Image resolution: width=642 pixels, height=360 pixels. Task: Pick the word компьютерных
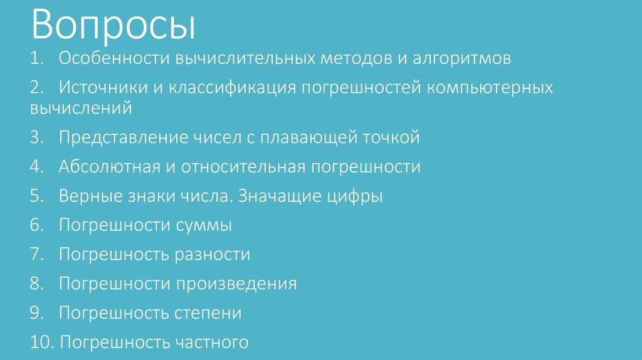[490, 87]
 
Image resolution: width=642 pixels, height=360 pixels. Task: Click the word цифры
[355, 196]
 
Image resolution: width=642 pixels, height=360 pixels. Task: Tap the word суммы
[204, 225]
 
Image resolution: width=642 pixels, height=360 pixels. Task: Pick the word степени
[209, 313]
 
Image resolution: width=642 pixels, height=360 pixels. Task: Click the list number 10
[41, 342]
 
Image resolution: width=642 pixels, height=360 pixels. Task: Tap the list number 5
[36, 196]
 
